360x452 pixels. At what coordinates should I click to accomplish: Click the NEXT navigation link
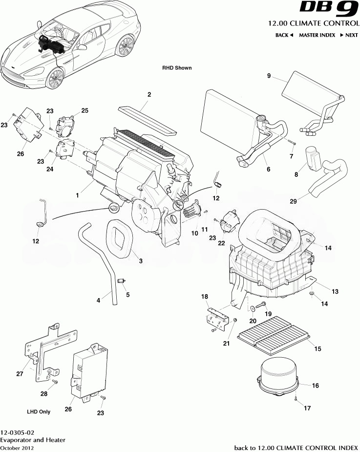point(348,35)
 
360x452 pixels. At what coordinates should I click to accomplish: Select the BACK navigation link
point(284,35)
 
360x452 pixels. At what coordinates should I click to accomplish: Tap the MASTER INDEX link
point(317,35)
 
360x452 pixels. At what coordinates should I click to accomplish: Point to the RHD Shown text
point(177,68)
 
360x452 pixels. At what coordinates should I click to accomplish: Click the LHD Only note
point(39,411)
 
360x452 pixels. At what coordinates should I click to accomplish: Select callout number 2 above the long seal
point(149,95)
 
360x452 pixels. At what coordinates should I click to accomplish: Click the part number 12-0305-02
point(17,432)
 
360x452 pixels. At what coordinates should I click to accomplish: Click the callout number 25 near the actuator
point(85,111)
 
